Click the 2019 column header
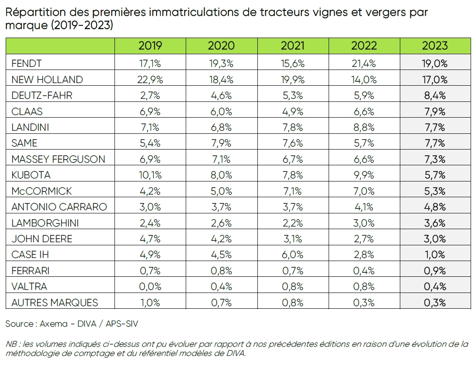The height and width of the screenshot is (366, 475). pyautogui.click(x=150, y=45)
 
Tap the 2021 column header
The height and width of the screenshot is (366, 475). pyautogui.click(x=292, y=45)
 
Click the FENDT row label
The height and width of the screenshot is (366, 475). pyautogui.click(x=27, y=63)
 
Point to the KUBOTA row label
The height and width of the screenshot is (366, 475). pyautogui.click(x=31, y=175)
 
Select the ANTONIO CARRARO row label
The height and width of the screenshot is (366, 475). pyautogui.click(x=59, y=207)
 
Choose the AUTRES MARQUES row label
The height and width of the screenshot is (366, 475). pyautogui.click(x=55, y=302)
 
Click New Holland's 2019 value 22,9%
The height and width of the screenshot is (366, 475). pyautogui.click(x=150, y=80)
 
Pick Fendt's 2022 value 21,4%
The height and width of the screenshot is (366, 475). pyautogui.click(x=364, y=63)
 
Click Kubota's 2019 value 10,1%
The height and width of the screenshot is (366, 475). pyautogui.click(x=150, y=175)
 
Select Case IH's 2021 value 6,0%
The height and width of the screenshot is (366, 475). pyautogui.click(x=292, y=254)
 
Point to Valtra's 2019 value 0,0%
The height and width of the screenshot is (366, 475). pyautogui.click(x=150, y=286)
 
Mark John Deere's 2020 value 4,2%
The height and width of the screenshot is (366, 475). pyautogui.click(x=221, y=239)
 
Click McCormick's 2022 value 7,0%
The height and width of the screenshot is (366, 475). pyautogui.click(x=364, y=191)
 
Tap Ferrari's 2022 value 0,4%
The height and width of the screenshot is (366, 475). pyautogui.click(x=364, y=271)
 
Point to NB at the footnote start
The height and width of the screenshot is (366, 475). pyautogui.click(x=11, y=344)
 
